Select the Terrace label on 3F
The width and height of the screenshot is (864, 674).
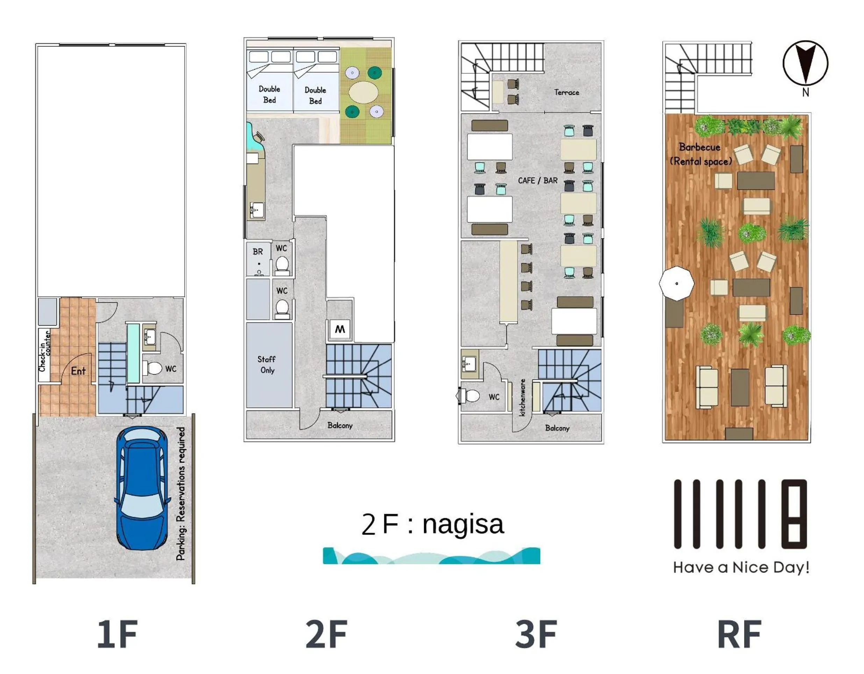coord(566,93)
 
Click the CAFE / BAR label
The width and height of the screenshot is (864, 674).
coord(538,181)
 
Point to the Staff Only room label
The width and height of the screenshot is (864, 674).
coord(267,364)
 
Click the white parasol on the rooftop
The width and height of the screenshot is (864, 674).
coord(677,283)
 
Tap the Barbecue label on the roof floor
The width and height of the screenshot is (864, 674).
coord(699,147)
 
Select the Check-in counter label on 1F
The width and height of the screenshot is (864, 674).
coord(44,351)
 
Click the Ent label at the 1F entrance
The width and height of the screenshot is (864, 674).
coord(78,371)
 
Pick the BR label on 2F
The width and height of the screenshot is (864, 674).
coord(258,252)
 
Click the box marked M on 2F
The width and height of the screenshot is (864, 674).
coord(340,329)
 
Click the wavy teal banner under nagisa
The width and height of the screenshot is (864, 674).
coord(431,556)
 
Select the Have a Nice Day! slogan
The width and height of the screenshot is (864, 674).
coord(741,568)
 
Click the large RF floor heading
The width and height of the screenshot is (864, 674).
coord(739,634)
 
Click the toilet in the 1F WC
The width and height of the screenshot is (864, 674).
coord(152,368)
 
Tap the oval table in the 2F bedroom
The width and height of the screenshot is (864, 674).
coord(364,92)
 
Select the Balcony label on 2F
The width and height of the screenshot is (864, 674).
coord(340,425)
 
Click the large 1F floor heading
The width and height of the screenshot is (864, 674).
coord(117,634)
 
